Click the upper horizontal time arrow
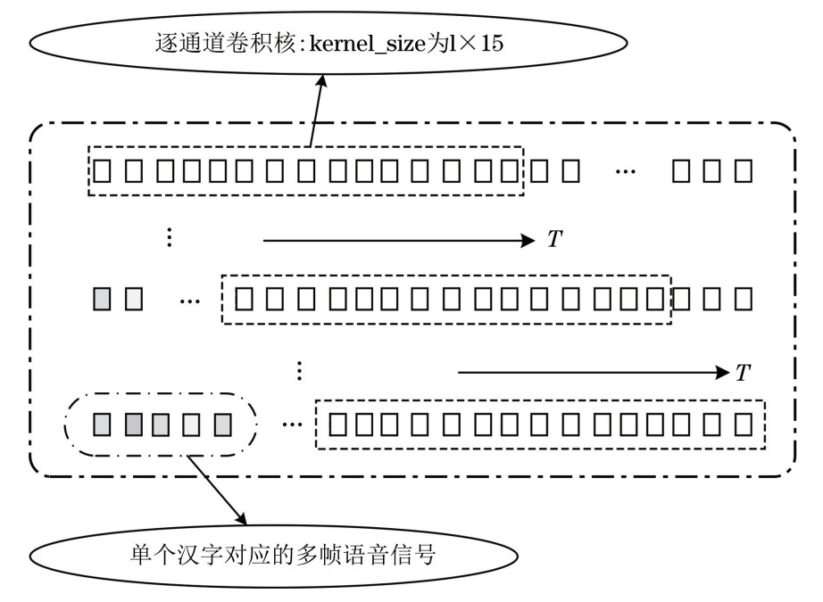pos(397,240)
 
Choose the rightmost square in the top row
pos(743,169)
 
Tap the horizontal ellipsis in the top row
pos(627,169)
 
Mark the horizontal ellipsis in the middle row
pos(190,301)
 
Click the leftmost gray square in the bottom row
pos(103,423)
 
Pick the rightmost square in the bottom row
pos(743,423)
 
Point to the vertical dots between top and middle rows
pos(169,237)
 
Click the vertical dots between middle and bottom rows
pos(300,369)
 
